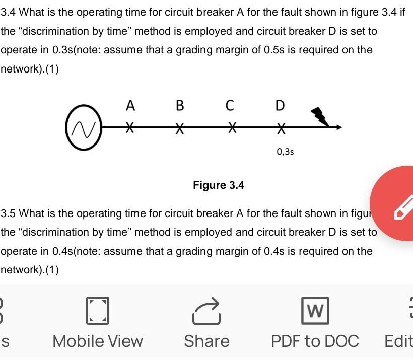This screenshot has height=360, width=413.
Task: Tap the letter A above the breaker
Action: (130, 106)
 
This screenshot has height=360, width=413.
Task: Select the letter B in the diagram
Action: (180, 106)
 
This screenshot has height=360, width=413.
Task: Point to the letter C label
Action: (230, 106)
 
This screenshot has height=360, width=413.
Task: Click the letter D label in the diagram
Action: (280, 106)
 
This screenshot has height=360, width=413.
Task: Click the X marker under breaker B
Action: (180, 128)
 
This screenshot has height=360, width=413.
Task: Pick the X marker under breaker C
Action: (231, 127)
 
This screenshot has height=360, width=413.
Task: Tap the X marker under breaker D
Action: (281, 128)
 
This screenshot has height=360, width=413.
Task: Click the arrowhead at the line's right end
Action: (339, 128)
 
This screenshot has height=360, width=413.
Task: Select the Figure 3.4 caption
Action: (219, 185)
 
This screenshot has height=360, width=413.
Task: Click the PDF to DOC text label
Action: (315, 341)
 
